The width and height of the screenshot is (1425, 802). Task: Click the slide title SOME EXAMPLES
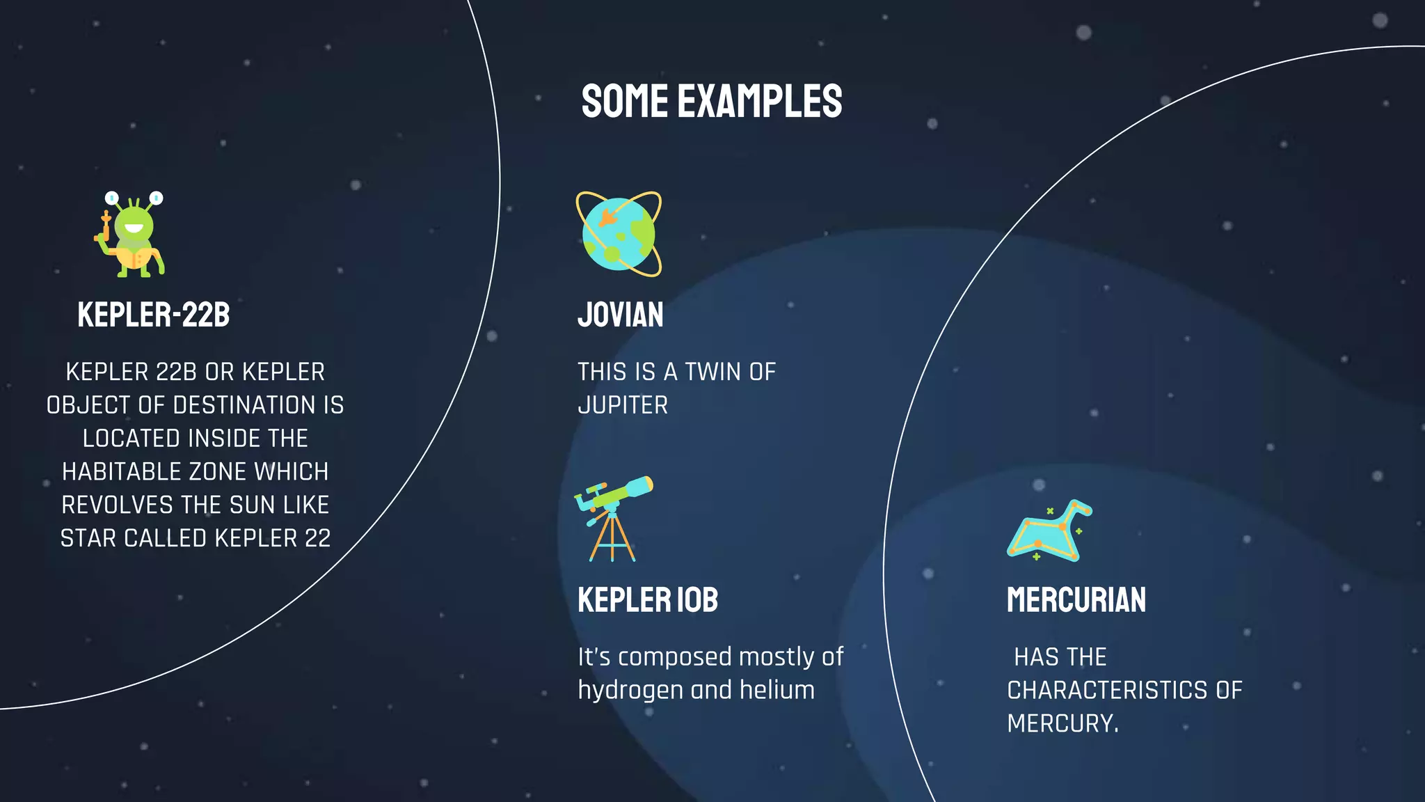[711, 101]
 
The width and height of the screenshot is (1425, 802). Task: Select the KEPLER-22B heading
[153, 315]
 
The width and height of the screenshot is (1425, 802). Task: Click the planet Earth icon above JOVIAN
[619, 234]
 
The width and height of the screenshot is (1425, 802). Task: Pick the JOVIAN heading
[620, 315]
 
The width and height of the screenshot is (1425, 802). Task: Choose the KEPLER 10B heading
[647, 600]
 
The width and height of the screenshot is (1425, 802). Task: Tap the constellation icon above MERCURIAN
[1049, 531]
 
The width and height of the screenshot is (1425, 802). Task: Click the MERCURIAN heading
[1076, 600]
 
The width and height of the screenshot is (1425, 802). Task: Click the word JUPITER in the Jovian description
[623, 405]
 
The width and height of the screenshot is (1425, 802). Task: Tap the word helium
[777, 691]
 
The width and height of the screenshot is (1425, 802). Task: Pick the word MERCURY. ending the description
[1062, 724]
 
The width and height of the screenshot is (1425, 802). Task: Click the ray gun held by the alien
[104, 227]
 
